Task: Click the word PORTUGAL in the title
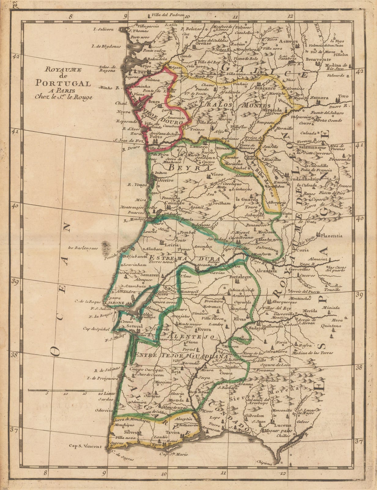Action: (x=63, y=83)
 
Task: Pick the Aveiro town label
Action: (x=165, y=180)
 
